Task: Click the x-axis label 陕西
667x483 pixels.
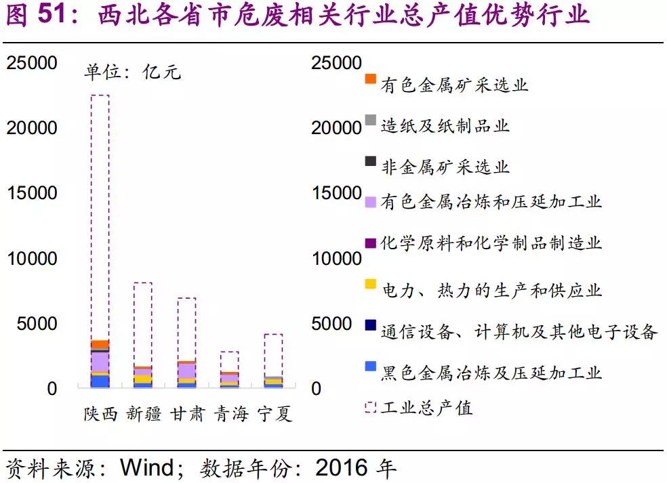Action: pos(100,414)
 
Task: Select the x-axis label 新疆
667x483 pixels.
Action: pos(144,414)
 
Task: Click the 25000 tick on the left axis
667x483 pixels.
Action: pos(32,63)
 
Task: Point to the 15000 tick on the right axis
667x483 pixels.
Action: pos(336,193)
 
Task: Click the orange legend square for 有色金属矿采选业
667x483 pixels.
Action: pos(370,79)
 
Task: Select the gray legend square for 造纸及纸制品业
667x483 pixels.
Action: pos(370,120)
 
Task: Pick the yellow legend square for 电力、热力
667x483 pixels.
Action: pos(370,284)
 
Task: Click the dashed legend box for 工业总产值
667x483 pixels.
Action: pos(370,406)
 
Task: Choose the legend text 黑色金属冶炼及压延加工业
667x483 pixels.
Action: pos(491,372)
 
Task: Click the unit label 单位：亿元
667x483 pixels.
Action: pos(132,72)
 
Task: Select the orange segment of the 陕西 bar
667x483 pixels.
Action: pos(100,344)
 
